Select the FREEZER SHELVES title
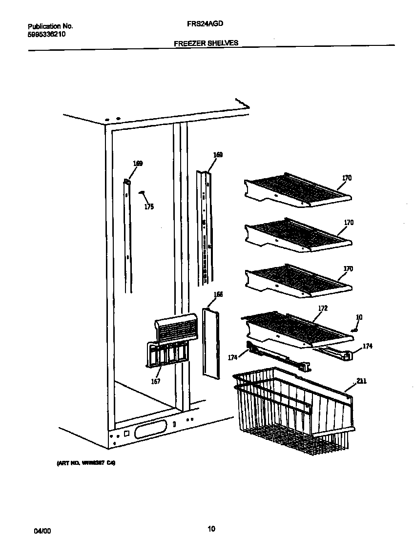pos(206,43)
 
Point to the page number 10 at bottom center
pos(211,528)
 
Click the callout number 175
pos(149,207)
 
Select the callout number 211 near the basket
pos(361,381)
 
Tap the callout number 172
pos(322,308)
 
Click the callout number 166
pos(218,294)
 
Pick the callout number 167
pos(155,381)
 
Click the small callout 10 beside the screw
pos(359,317)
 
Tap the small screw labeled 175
pos(142,193)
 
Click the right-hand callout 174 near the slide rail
pos(367,347)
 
